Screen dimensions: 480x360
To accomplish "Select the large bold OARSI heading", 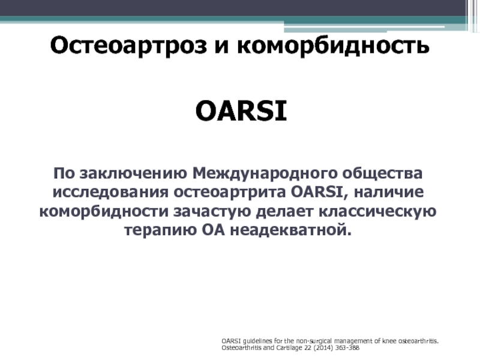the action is (241, 111).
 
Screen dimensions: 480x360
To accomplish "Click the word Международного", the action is (265, 173).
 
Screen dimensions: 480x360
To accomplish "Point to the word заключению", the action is (133, 173).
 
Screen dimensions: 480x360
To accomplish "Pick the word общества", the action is (382, 174).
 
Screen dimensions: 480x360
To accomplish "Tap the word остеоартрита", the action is (230, 193).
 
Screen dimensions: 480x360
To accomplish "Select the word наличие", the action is (389, 193).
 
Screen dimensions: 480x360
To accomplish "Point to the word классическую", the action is (377, 212).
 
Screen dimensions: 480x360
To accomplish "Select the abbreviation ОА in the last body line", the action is (214, 230).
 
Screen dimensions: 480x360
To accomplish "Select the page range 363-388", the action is (347, 348).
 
